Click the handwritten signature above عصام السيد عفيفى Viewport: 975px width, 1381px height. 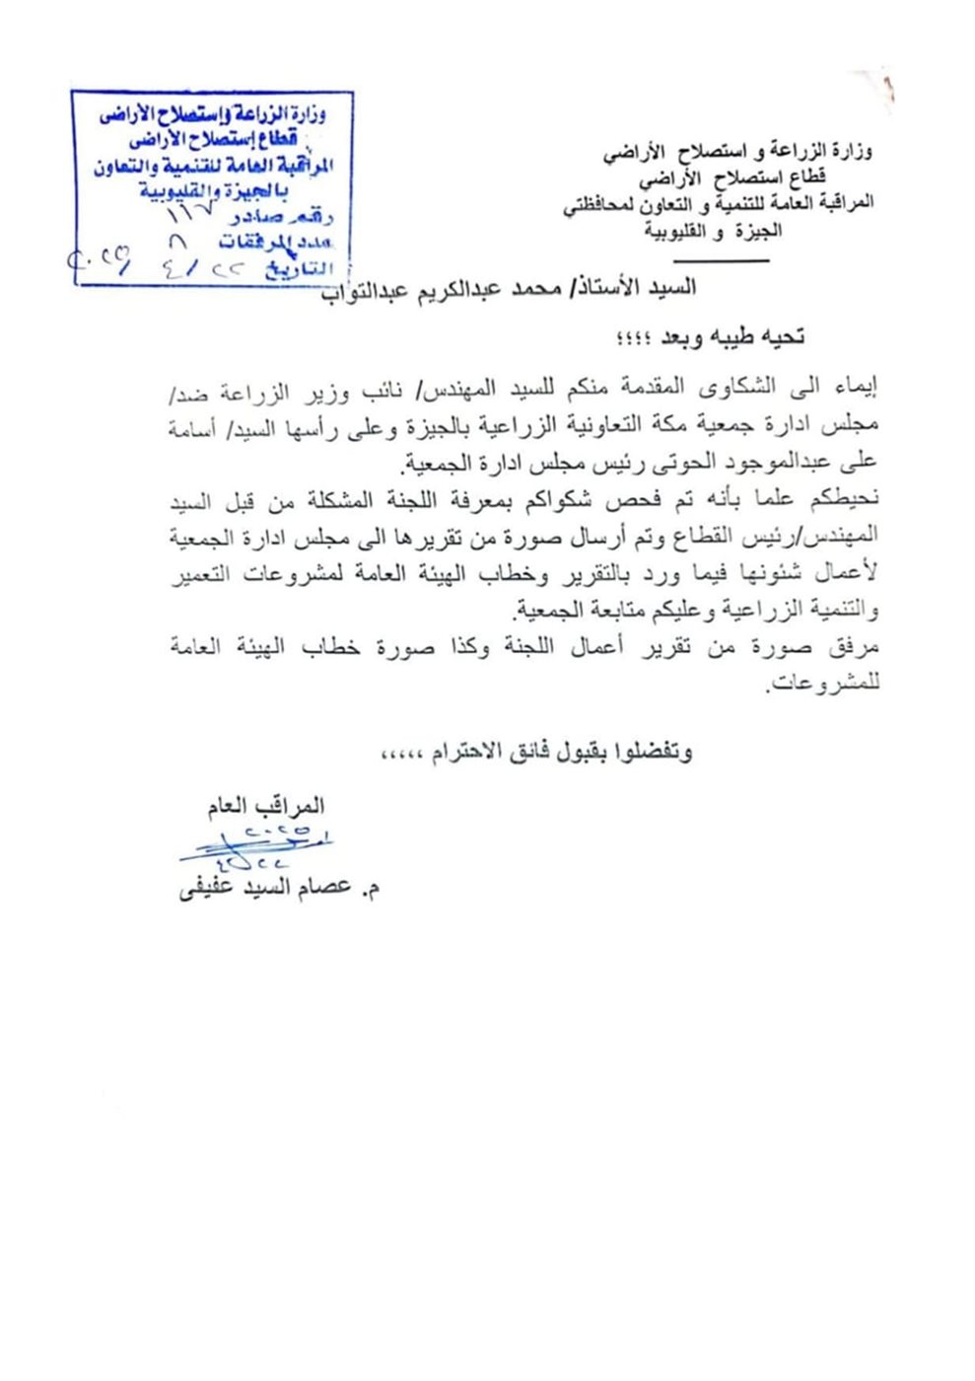262,846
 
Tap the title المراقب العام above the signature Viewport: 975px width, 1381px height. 265,806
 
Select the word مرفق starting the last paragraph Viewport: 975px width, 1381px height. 856,647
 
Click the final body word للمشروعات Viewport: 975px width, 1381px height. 823,685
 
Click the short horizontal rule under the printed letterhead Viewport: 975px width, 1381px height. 726,259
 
